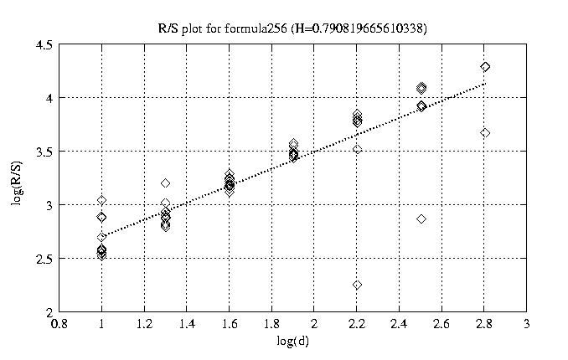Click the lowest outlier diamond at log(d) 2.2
(x=357, y=285)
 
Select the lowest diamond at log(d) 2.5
(x=421, y=219)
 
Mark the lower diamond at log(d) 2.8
(x=485, y=133)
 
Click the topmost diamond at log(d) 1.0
(x=101, y=200)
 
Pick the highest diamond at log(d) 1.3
(x=166, y=183)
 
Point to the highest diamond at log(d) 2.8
(x=485, y=67)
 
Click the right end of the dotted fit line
(x=485, y=84)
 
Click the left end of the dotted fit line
(x=101, y=237)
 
